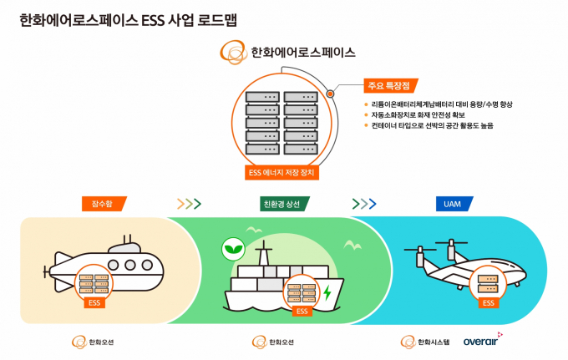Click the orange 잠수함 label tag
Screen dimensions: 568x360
pos(104,204)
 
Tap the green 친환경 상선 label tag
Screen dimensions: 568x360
pos(284,204)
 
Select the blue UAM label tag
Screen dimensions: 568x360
pos(454,204)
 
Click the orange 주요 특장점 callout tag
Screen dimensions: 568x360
pos(391,86)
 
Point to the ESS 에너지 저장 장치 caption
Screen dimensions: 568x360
pos(281,172)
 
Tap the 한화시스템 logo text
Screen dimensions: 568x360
pos(434,342)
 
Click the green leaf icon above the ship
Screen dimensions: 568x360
pos(233,249)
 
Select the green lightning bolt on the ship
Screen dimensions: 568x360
pos(327,292)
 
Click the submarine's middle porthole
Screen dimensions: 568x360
pos(130,265)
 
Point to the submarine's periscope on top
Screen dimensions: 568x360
pos(127,239)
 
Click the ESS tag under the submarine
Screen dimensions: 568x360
pos(94,302)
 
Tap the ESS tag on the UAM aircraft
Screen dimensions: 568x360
pos(489,302)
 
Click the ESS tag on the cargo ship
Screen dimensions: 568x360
pos(302,311)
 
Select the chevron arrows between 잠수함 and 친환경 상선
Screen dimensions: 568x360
pos(189,204)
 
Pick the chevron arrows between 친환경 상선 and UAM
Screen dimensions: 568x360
pos(364,204)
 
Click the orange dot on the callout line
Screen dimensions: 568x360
pos(330,94)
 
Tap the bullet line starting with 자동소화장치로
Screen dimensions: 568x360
pos(418,114)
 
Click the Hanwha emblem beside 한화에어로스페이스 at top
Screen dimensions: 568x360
pos(233,52)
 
